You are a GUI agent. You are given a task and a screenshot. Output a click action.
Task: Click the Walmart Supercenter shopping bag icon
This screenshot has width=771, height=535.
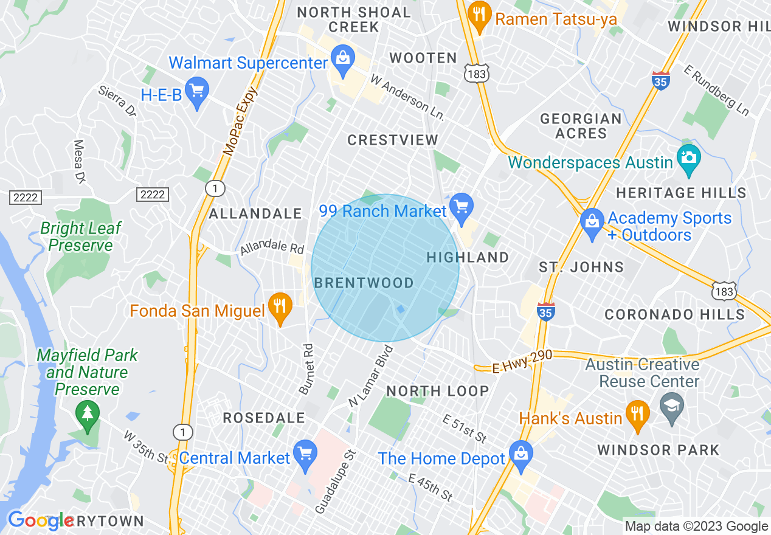tap(342, 60)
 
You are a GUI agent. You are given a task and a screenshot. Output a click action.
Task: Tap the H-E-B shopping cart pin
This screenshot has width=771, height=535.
tap(196, 92)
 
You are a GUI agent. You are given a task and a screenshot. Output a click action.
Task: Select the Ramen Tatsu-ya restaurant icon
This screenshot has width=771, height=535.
tap(480, 16)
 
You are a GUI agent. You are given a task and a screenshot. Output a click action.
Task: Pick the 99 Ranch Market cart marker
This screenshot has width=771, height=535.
tap(462, 207)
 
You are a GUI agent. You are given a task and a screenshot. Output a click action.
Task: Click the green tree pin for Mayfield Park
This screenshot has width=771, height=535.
tap(88, 413)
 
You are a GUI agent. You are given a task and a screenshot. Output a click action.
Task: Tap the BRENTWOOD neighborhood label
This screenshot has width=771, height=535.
tap(364, 283)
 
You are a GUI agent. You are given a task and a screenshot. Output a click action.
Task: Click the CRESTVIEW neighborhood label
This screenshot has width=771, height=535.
tap(393, 140)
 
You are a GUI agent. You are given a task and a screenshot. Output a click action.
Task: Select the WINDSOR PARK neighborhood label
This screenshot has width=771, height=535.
tap(658, 450)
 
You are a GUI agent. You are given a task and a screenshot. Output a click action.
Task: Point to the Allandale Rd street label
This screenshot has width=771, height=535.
tap(271, 247)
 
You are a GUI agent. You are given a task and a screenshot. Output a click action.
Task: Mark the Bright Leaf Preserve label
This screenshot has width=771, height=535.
tap(81, 236)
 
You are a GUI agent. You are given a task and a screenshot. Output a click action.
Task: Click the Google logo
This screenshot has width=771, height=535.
tap(41, 521)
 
